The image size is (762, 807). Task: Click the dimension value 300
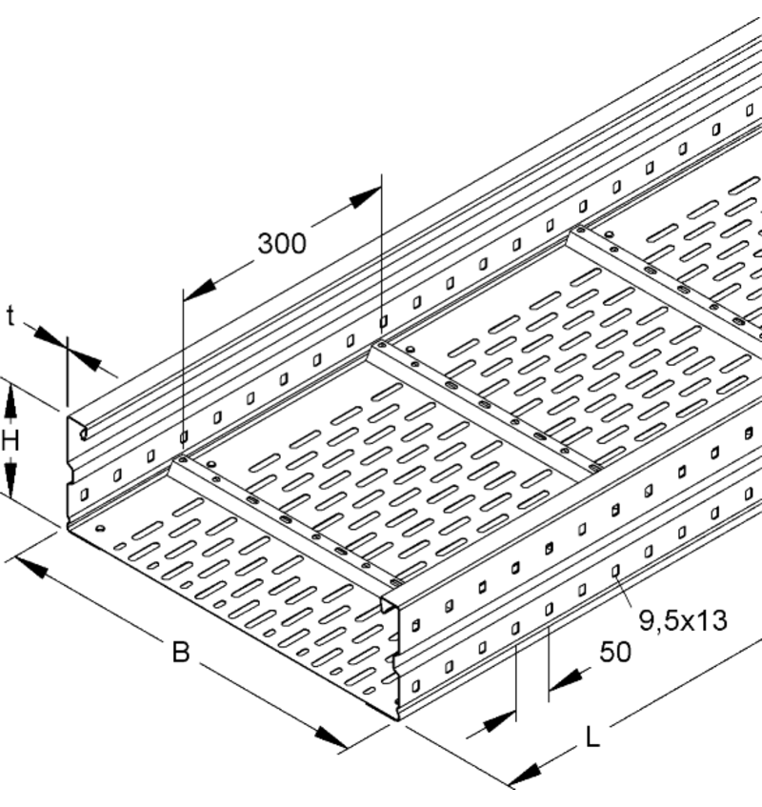pyautogui.click(x=282, y=244)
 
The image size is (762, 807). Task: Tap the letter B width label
pyautogui.click(x=181, y=654)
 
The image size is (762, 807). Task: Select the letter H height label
pyautogui.click(x=10, y=439)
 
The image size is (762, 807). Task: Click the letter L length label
pyautogui.click(x=592, y=736)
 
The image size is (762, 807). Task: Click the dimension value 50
pyautogui.click(x=616, y=653)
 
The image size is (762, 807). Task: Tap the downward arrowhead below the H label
pyautogui.click(x=11, y=476)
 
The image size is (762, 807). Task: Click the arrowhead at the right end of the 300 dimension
pyautogui.click(x=365, y=198)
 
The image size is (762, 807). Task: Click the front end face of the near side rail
pyautogui.click(x=395, y=657)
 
